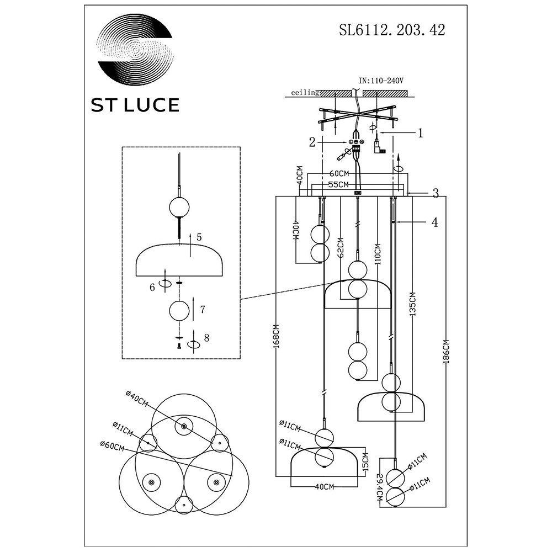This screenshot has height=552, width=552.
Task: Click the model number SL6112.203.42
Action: pos(392,30)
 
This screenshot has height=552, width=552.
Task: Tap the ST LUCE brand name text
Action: pos(135,105)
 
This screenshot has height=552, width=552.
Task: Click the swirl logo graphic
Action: pos(136,50)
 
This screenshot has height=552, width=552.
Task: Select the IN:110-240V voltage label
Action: pos(381,81)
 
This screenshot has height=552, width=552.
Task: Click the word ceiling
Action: pos(305,93)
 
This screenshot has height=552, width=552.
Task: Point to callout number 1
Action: pos(420,133)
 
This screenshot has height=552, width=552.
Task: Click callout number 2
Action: pos(312,142)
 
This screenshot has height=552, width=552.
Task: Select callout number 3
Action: pos(436,193)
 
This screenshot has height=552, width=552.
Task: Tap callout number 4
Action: pos(435,222)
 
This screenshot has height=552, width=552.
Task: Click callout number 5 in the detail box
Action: pos(199,237)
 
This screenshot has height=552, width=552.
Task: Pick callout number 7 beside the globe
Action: pos(203,310)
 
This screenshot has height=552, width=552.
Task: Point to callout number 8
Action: pos(206,338)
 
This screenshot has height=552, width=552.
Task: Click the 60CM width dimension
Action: pos(339,173)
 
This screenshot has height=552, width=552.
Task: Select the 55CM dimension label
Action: pos(338,184)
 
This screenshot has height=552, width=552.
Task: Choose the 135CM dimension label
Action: pos(412,304)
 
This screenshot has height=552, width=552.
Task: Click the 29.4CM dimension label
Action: pos(380,487)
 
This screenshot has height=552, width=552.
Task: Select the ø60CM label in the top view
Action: pos(112,447)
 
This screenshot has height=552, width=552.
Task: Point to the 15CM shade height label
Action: pos(366,463)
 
